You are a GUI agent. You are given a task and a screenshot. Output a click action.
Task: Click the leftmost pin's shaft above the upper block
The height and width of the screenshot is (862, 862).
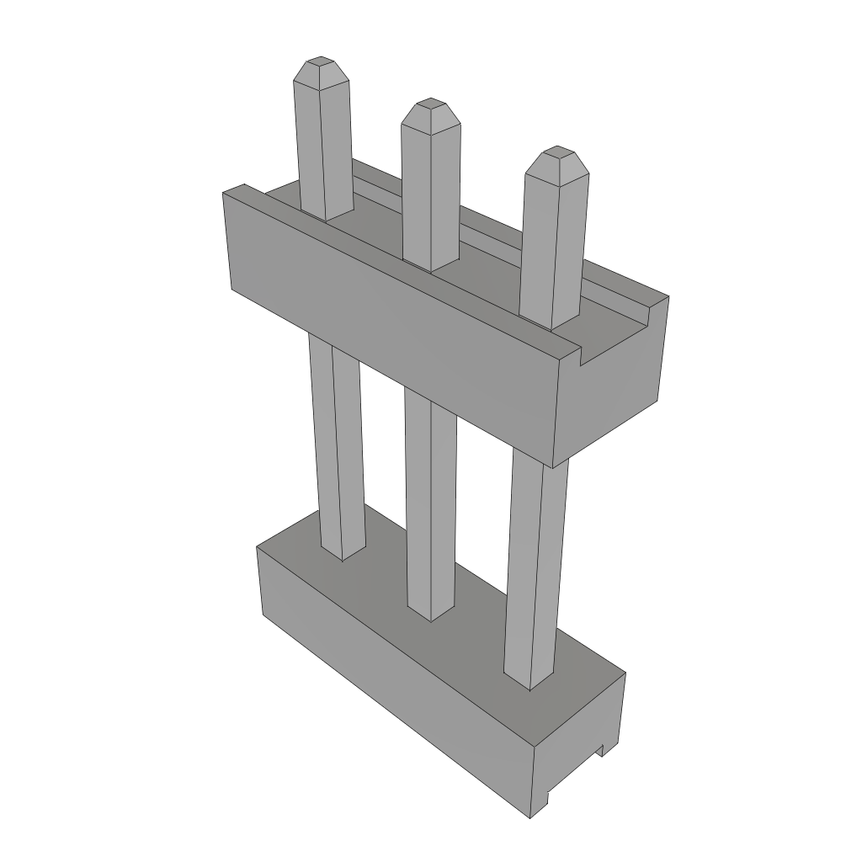(323, 152)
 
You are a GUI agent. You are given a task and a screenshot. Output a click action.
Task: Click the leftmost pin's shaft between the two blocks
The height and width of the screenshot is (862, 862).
(337, 438)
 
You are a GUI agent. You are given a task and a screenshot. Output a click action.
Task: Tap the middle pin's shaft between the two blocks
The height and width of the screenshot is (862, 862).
(431, 505)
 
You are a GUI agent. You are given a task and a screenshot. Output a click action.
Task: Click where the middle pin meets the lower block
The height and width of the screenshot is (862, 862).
(431, 616)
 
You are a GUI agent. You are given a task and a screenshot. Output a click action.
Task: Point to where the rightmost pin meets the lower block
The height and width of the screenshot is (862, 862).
(530, 684)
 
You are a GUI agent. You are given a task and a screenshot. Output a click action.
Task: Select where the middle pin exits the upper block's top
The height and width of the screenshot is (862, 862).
(430, 267)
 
